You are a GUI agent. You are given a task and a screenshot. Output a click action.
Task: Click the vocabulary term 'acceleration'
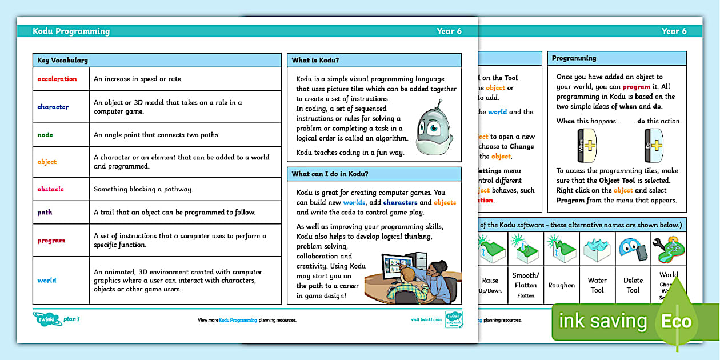pos(57,79)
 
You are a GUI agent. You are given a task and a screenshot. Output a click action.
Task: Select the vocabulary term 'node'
pos(45,135)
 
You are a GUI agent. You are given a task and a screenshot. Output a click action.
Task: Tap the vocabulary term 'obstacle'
pos(50,189)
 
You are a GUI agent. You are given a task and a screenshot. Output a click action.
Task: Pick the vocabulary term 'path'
pos(45,212)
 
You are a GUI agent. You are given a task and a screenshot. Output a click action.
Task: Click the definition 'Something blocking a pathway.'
pos(143,189)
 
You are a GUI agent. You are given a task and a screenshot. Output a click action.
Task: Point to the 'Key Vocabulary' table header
pos(62,60)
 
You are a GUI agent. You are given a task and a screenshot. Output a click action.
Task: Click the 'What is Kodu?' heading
pos(316,60)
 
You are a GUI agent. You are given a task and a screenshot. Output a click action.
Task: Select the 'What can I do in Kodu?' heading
pos(330,174)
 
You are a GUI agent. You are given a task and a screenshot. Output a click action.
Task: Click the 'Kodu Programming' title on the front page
pos(71,31)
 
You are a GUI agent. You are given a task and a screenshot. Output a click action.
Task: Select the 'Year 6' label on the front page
pos(449,31)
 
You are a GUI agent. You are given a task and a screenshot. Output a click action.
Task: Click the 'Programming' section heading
pos(574,58)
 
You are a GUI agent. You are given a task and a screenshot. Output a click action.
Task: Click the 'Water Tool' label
pos(597,285)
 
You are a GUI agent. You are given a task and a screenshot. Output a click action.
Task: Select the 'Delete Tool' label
pos(633,285)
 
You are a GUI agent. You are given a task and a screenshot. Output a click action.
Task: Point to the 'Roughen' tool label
pos(561,285)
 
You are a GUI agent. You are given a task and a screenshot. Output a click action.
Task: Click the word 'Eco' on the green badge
pos(676,321)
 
